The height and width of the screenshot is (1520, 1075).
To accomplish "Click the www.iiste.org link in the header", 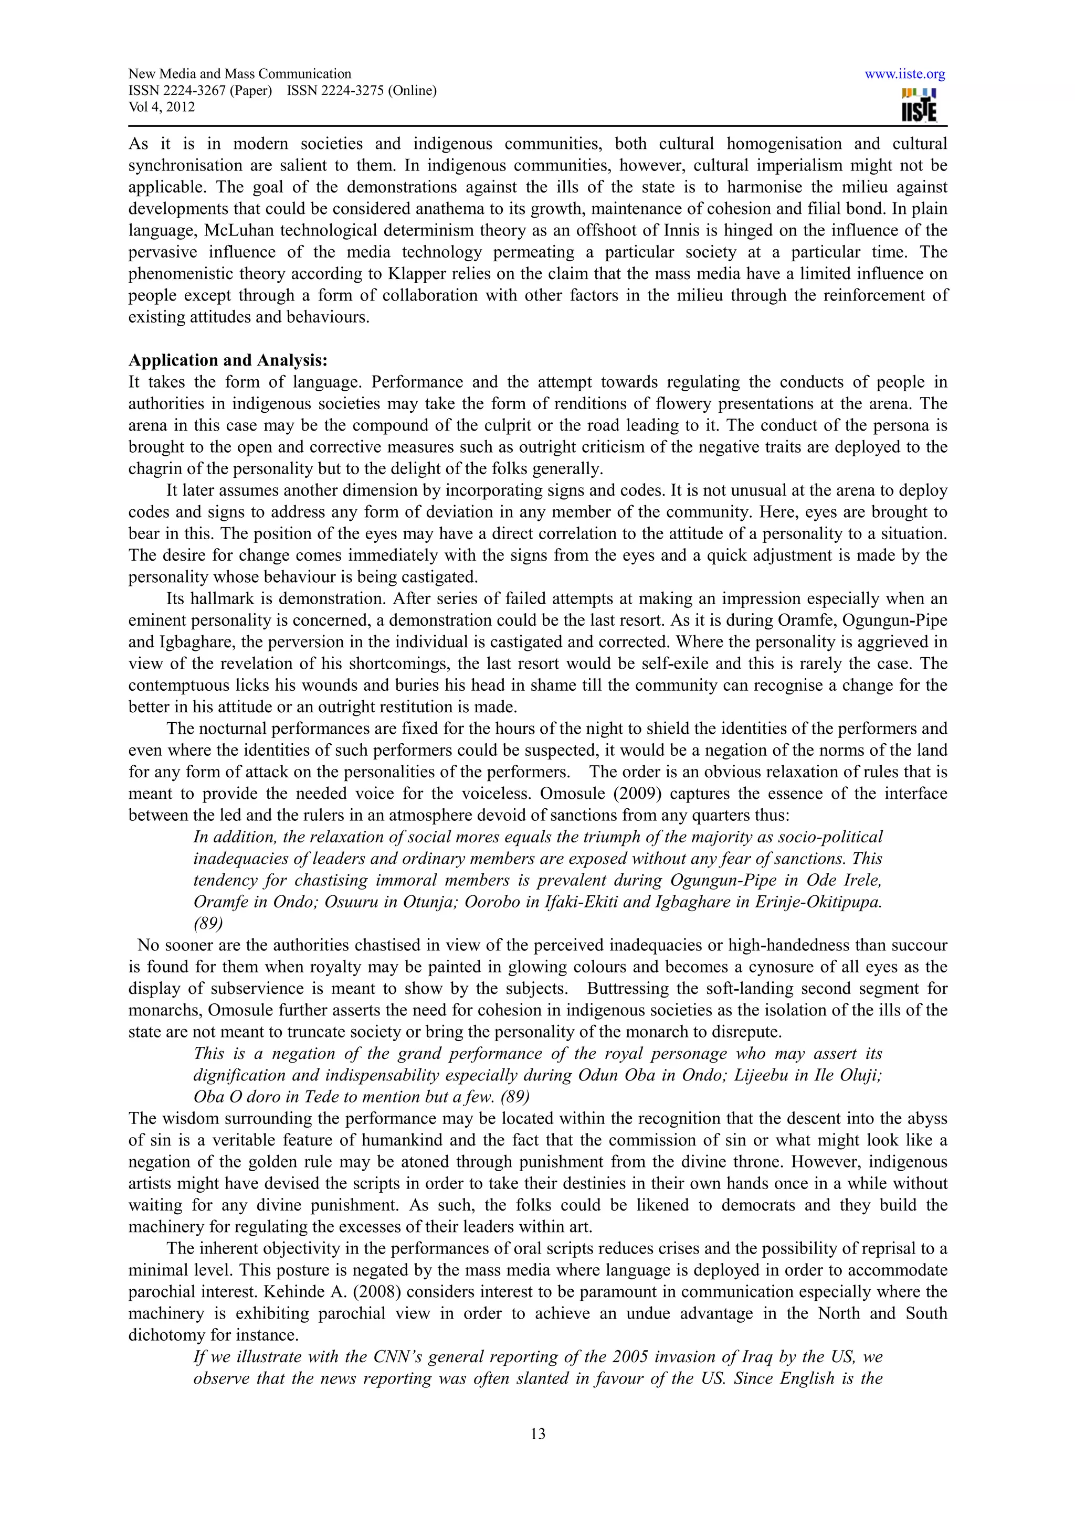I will point(905,74).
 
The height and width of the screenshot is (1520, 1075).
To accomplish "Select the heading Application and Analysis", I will point(228,360).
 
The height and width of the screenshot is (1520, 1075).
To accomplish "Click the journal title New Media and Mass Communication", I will point(239,74).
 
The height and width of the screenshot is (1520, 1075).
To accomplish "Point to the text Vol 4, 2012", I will point(162,107).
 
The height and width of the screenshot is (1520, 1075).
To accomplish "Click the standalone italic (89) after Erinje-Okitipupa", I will point(208,923).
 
